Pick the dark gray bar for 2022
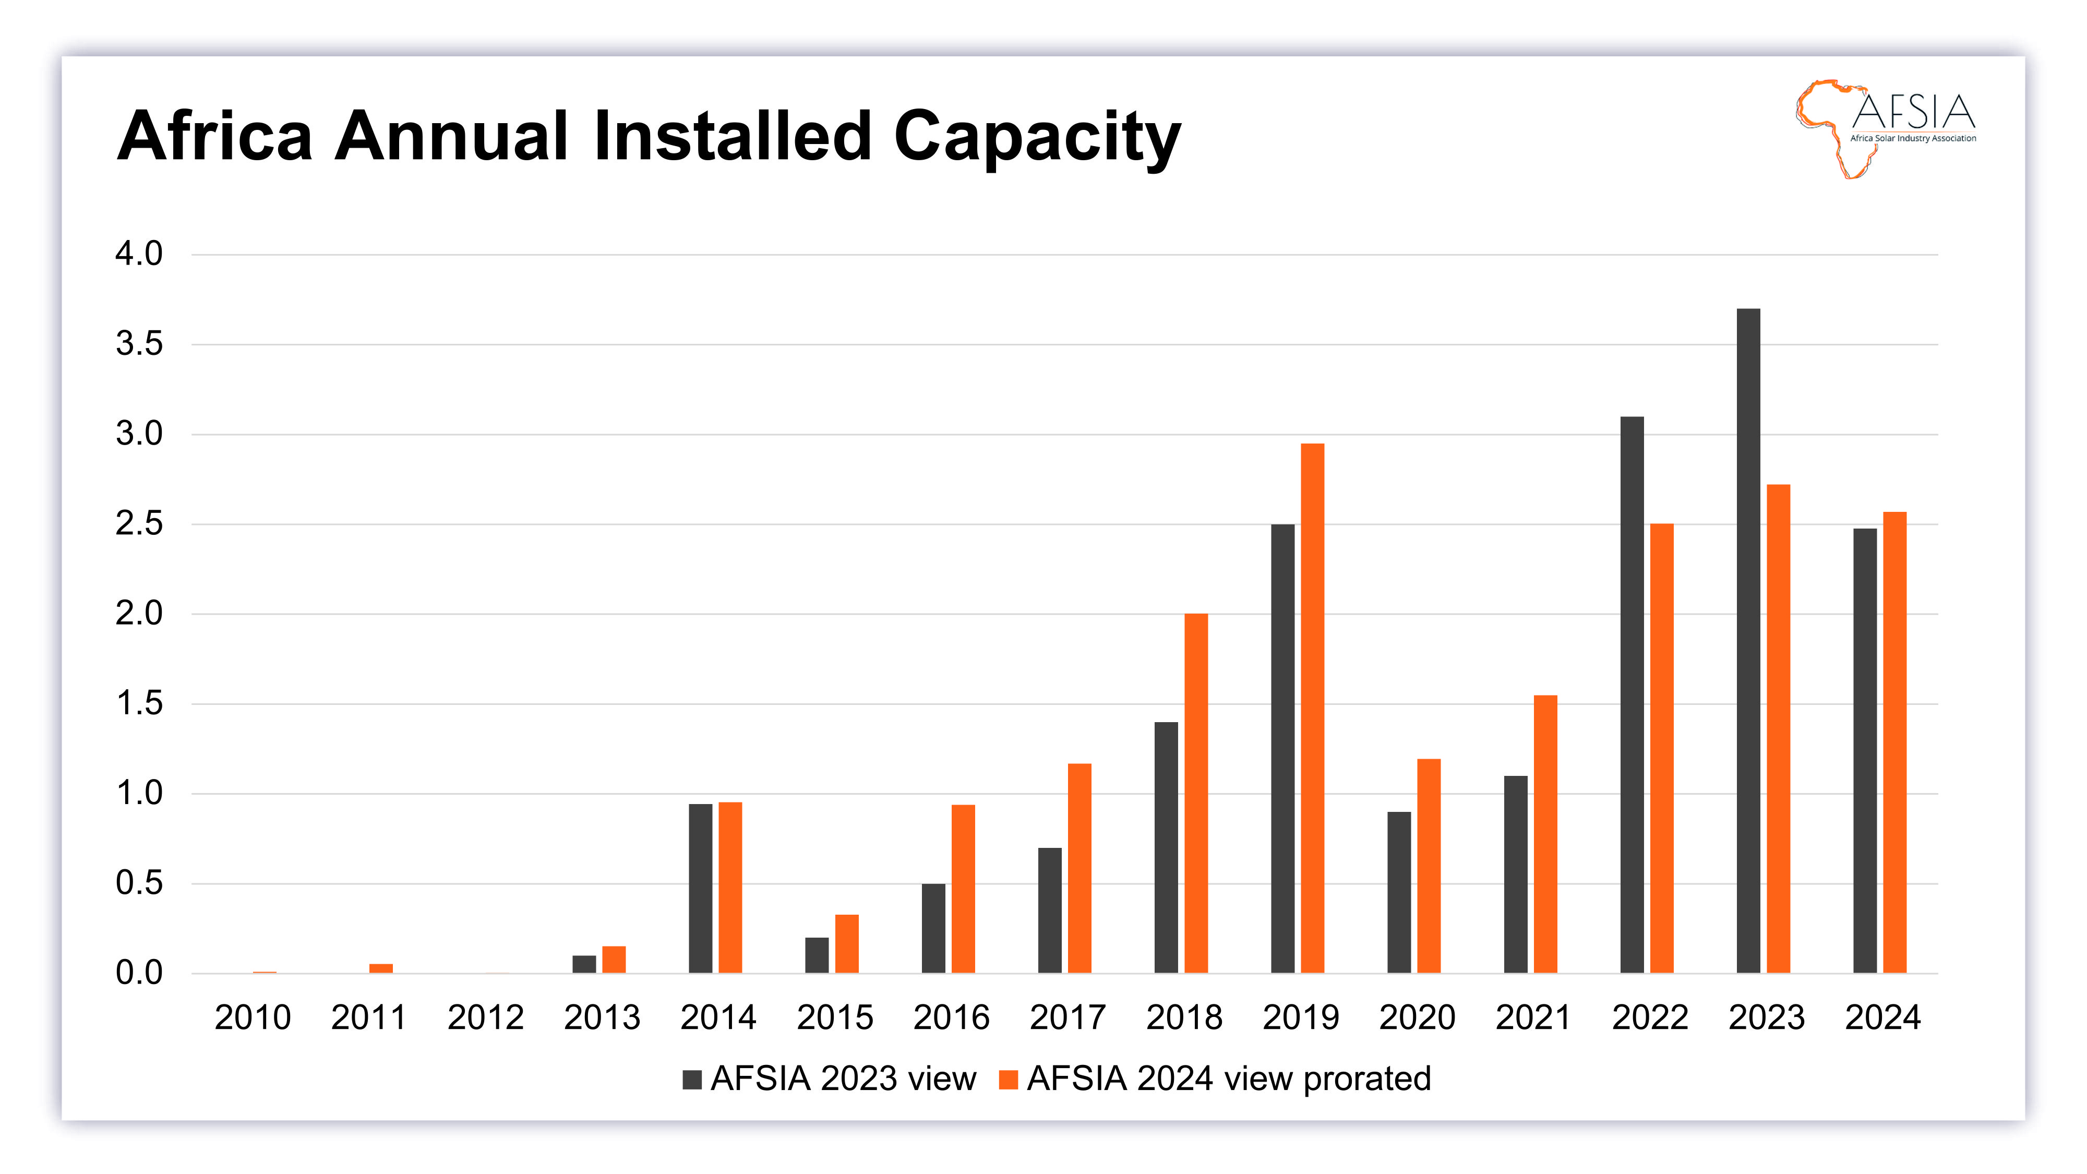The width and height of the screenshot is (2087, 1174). pyautogui.click(x=1632, y=694)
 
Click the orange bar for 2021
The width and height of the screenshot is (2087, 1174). pyautogui.click(x=1545, y=834)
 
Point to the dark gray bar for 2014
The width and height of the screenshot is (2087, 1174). pyautogui.click(x=700, y=888)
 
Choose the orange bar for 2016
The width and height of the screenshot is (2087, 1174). pyautogui.click(x=963, y=888)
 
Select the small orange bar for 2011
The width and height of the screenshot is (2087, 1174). pyautogui.click(x=381, y=968)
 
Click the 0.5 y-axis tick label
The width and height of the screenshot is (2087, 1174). pyautogui.click(x=139, y=883)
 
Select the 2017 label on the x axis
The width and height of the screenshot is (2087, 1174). pyautogui.click(x=1068, y=1017)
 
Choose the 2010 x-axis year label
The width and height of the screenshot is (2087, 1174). pyautogui.click(x=253, y=1017)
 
